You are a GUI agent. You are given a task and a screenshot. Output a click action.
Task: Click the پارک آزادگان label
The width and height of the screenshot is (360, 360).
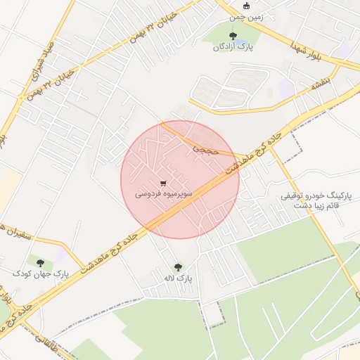tap(233, 47)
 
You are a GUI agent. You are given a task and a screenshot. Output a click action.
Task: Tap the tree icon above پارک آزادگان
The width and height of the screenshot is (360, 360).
tap(233, 34)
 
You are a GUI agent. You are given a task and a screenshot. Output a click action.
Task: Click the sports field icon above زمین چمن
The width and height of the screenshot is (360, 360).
tap(245, 6)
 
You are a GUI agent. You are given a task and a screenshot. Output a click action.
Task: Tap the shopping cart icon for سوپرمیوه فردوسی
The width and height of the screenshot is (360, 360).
tap(164, 183)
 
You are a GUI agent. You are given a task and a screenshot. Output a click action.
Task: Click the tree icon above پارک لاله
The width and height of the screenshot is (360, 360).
tap(177, 268)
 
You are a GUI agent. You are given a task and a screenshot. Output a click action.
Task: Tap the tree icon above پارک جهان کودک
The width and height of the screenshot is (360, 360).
tap(40, 262)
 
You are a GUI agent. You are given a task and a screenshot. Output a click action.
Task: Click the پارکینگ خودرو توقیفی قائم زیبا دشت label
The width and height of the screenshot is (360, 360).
tap(310, 200)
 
